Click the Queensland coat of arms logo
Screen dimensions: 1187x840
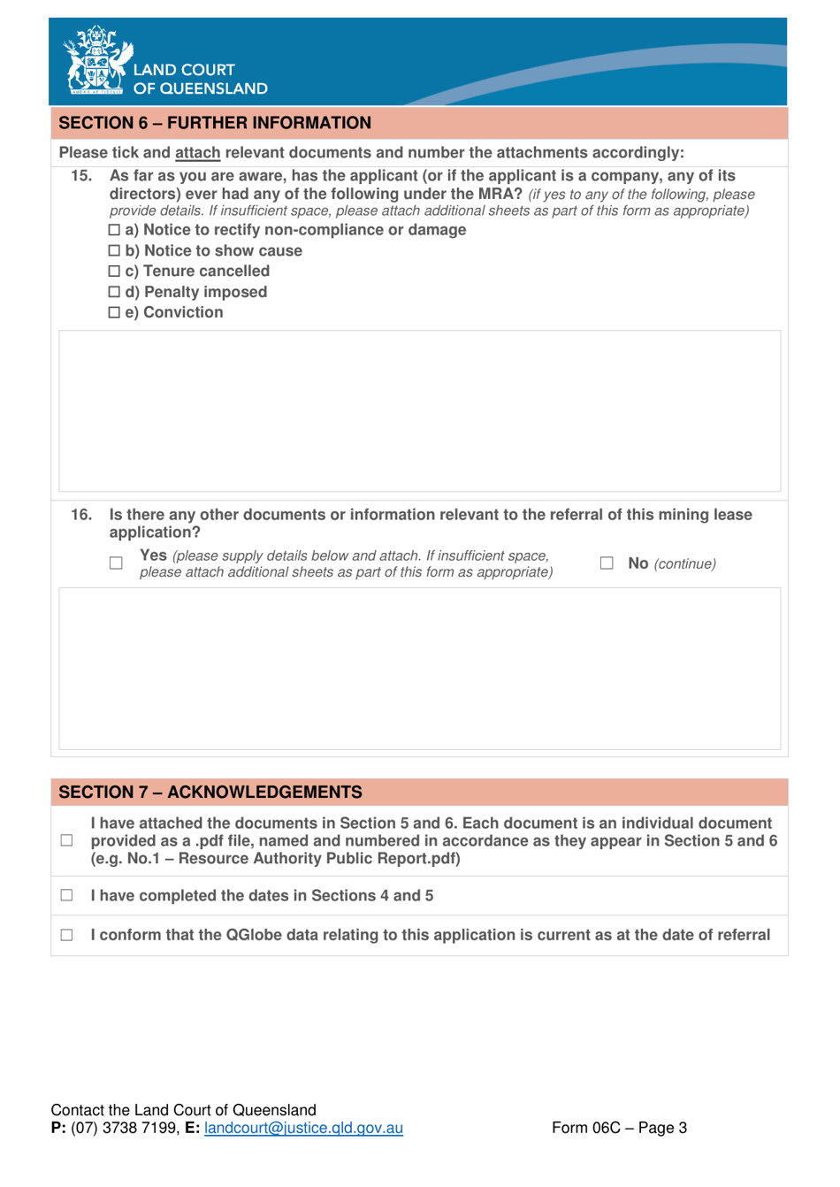pos(97,60)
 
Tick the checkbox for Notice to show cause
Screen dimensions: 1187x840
pos(114,251)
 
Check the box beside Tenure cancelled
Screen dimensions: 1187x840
pos(114,272)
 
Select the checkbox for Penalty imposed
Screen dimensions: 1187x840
pos(114,292)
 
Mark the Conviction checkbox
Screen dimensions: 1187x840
pos(114,313)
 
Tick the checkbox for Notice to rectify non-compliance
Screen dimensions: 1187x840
pos(114,230)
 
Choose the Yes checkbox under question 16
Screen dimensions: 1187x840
pos(116,563)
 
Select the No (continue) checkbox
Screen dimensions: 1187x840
pos(607,563)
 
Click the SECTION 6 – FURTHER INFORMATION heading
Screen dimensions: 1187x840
pos(215,123)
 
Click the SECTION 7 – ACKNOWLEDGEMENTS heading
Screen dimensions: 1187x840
pos(210,793)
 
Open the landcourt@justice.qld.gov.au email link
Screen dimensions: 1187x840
pos(303,1129)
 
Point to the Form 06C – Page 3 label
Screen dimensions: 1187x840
pos(619,1128)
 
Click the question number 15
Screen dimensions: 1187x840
pos(81,176)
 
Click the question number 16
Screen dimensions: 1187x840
pos(81,515)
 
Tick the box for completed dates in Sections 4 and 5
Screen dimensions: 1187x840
pos(67,896)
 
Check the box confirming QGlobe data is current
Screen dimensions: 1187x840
pos(67,935)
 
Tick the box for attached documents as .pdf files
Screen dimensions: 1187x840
pos(67,841)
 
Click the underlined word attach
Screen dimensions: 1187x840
pos(197,153)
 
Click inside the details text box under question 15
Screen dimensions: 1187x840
pos(419,411)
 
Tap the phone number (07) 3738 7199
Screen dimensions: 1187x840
pos(125,1129)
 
